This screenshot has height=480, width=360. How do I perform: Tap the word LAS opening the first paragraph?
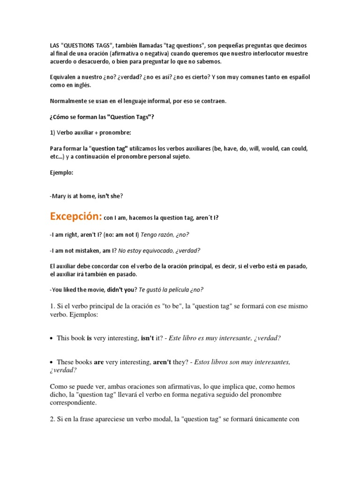click(55, 45)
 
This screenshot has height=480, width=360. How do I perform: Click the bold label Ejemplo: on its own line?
click(61, 172)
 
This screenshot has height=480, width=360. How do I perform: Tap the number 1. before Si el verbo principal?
click(52, 306)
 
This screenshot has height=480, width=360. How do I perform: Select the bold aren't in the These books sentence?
click(163, 362)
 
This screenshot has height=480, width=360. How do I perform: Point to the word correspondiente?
click(73, 403)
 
